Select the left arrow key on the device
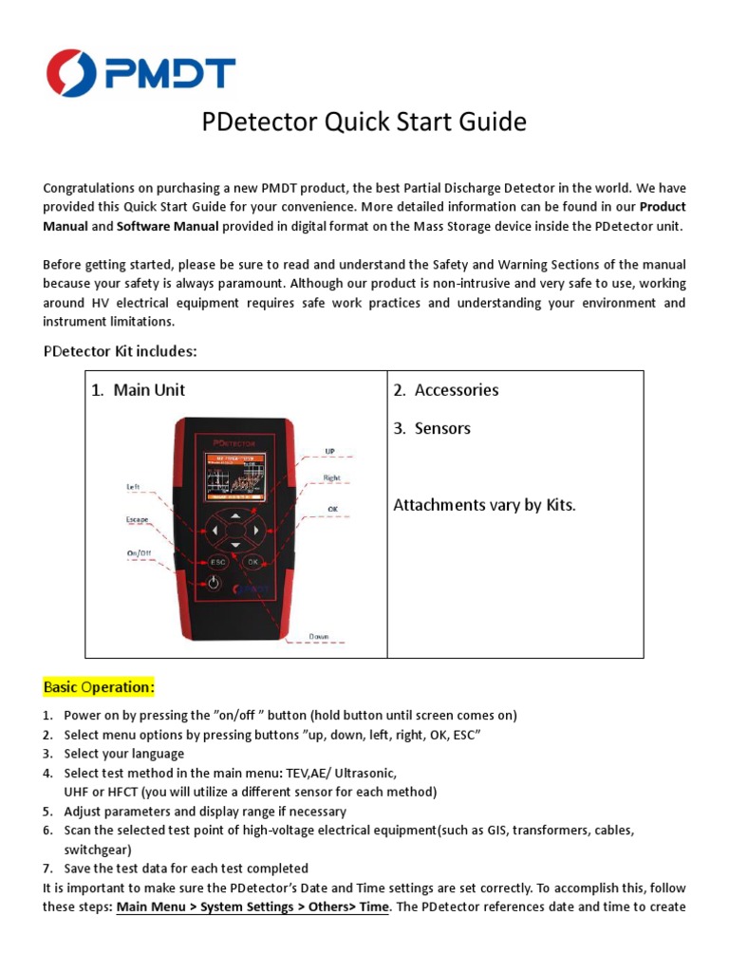coord(217,529)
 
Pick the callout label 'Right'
coord(331,478)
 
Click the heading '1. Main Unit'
coord(138,390)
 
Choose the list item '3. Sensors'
coord(432,428)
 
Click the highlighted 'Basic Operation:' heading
coord(99,686)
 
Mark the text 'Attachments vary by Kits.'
coord(484,505)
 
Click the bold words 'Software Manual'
coord(167,227)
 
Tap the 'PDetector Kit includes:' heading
coord(120,351)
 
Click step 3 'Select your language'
coord(123,754)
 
